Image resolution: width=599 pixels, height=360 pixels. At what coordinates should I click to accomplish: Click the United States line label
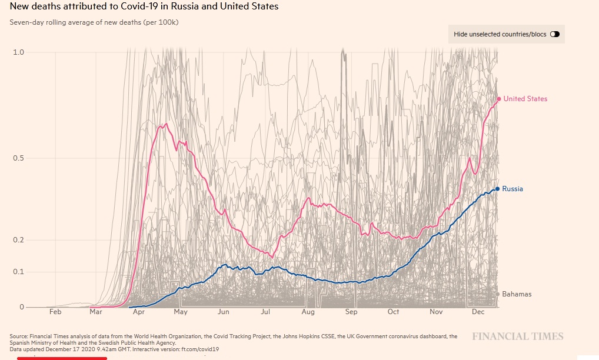(525, 99)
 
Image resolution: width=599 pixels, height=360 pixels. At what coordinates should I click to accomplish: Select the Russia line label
(512, 189)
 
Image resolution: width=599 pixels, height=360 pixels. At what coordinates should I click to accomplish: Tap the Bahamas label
(517, 294)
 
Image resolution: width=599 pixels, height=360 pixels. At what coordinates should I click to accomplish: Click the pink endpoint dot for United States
(498, 99)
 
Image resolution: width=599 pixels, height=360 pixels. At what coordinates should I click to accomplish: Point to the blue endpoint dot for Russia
(497, 189)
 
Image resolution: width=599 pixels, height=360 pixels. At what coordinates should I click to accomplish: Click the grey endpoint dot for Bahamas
(498, 294)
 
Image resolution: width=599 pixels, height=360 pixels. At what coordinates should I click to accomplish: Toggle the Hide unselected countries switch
(554, 34)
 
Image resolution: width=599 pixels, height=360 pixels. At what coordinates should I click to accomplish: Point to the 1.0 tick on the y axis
(19, 52)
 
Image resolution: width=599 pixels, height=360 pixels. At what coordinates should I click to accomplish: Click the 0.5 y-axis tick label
(19, 158)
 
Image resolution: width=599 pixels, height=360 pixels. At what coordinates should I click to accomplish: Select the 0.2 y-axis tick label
(19, 240)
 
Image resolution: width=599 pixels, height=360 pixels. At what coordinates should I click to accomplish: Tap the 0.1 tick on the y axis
(19, 272)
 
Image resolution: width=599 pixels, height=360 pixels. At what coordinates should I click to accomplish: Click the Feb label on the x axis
(55, 312)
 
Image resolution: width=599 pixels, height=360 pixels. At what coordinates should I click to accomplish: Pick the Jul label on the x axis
(265, 312)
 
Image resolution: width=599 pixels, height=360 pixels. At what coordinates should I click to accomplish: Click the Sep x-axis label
(351, 312)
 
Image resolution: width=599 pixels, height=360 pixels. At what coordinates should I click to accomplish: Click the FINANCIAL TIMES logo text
(517, 336)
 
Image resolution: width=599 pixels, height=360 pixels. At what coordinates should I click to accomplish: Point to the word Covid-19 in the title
(140, 6)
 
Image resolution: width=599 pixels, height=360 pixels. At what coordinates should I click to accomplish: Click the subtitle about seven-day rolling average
(94, 22)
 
